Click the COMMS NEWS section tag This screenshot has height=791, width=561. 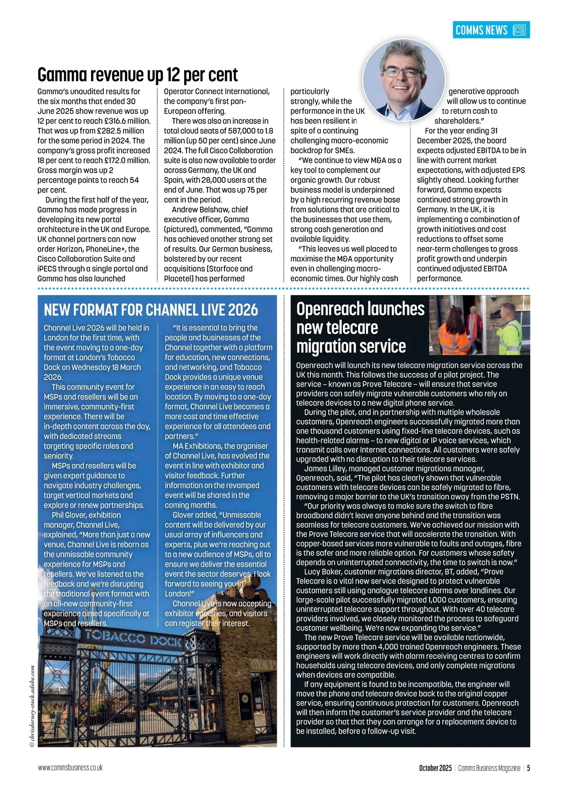click(482, 30)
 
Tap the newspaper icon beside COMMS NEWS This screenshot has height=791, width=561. click(519, 30)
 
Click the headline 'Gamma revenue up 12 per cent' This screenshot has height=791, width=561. click(137, 75)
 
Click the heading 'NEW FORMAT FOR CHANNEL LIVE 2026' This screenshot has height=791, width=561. click(151, 310)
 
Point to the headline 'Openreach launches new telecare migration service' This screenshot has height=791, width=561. click(360, 327)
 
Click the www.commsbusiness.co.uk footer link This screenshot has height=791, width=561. click(70, 768)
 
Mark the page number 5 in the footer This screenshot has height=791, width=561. click(528, 768)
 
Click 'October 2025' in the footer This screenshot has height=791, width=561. click(435, 768)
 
